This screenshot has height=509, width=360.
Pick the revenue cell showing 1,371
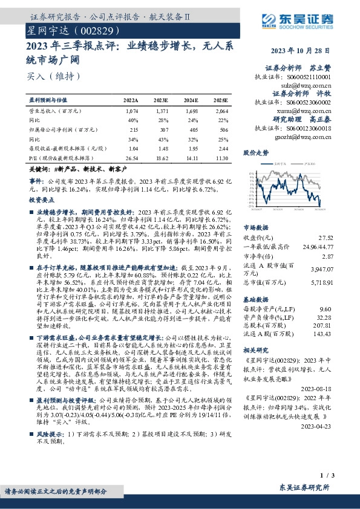click(x=161, y=111)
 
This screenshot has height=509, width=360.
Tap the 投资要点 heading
click(x=41, y=199)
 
